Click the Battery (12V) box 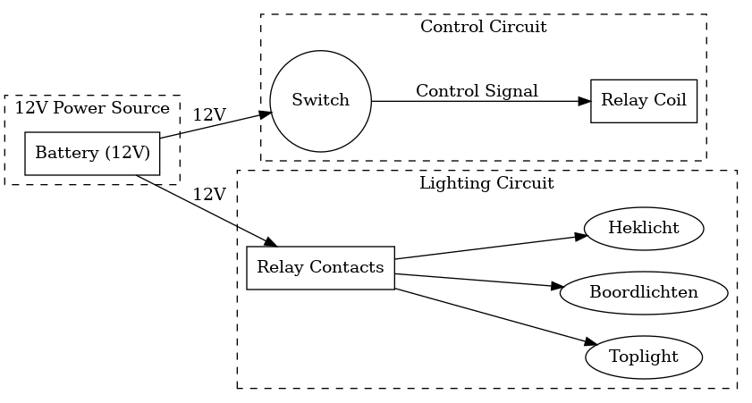click(91, 154)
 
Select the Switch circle click(320, 100)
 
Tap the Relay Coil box click(643, 100)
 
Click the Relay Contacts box click(320, 267)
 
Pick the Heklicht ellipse click(643, 228)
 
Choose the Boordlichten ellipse click(643, 292)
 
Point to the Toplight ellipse click(643, 357)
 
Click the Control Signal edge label click(477, 90)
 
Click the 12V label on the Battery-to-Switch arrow click(209, 114)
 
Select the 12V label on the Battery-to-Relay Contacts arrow click(209, 194)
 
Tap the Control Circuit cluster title click(483, 27)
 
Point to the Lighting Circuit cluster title click(486, 183)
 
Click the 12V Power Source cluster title click(92, 108)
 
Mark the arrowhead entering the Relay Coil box click(585, 101)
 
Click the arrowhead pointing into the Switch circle click(266, 113)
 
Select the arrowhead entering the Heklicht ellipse click(579, 237)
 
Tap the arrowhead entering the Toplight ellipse click(590, 343)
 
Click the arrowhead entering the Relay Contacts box click(272, 242)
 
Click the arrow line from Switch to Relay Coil click(474, 101)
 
